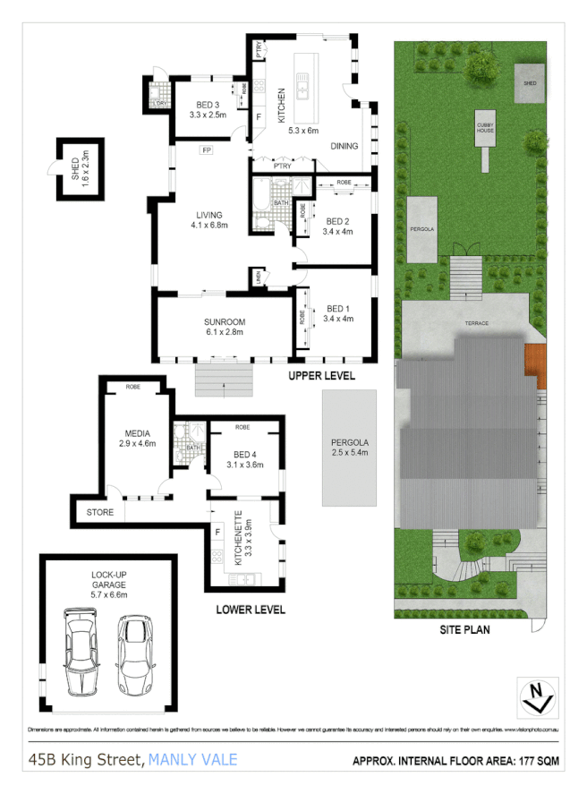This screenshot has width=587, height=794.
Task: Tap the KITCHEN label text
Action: (281, 106)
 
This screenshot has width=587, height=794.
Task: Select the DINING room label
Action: (345, 146)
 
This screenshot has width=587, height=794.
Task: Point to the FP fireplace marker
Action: (206, 149)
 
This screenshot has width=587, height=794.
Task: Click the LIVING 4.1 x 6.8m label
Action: (209, 220)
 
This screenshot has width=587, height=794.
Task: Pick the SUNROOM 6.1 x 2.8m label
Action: (223, 327)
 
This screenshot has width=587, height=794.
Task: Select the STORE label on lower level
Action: (100, 513)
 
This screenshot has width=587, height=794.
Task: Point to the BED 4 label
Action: (244, 459)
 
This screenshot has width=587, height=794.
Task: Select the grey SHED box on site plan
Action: (529, 82)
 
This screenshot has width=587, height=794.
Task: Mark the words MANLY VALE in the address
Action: (192, 760)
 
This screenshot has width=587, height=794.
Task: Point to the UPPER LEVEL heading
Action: (321, 376)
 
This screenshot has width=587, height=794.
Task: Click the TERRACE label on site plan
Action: (474, 322)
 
